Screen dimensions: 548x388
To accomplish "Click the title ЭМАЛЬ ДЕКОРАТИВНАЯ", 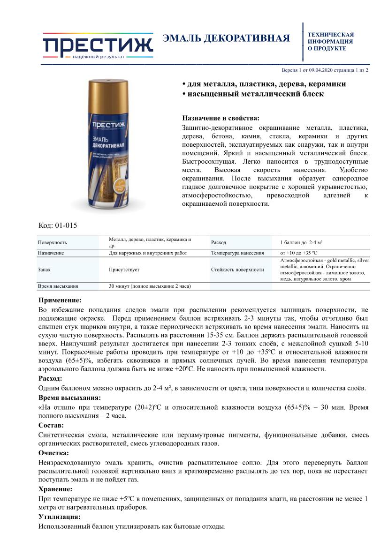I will coord(226,38).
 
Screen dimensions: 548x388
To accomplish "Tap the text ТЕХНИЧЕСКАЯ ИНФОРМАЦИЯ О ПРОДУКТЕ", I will coord(330,41).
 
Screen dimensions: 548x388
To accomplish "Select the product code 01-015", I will coord(65,225).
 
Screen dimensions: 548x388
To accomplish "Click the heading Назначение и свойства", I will coord(220,118).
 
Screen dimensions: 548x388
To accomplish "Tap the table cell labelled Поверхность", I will coord(53,242).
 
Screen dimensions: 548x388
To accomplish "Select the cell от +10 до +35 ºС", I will coord(299,253).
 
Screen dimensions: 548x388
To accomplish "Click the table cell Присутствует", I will coord(124,270).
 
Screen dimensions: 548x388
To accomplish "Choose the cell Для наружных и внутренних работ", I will coord(148,253).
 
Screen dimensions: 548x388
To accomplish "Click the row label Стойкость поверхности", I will coord(238,270).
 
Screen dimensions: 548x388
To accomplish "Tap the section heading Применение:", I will coord(60,300).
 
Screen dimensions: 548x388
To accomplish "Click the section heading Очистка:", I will coord(53,453).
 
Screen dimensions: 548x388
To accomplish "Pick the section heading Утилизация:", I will coord(59,517).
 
